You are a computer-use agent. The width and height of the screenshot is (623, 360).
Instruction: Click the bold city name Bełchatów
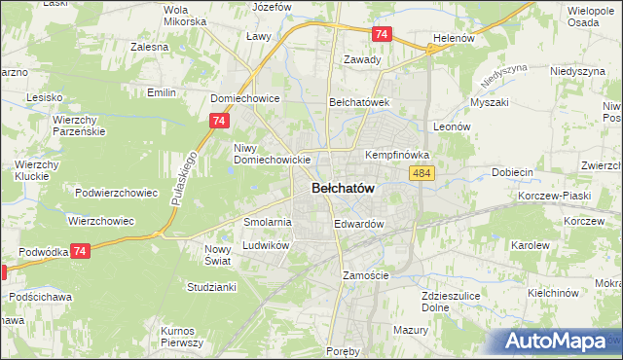(x=343, y=188)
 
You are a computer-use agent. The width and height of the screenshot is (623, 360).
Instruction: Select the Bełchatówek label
(x=359, y=101)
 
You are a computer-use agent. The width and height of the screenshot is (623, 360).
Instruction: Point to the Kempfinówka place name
(x=397, y=155)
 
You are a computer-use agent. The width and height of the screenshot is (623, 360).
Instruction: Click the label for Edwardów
(x=359, y=224)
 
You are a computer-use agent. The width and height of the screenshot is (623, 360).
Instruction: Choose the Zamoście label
(x=366, y=275)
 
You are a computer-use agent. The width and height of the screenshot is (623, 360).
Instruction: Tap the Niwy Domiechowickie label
(x=272, y=154)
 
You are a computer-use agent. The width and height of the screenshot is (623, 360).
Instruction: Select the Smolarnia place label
(x=268, y=222)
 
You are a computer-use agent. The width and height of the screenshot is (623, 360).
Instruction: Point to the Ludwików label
(x=267, y=246)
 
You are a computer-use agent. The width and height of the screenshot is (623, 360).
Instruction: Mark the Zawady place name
(x=362, y=58)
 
